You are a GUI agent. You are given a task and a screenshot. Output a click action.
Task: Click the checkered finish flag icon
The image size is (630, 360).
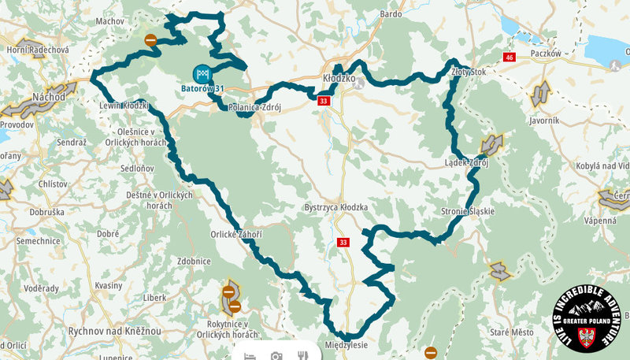(204, 74)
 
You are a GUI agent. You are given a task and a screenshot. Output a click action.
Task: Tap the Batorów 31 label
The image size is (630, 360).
(203, 88)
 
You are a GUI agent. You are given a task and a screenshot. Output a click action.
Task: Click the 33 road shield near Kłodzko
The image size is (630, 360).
(324, 102)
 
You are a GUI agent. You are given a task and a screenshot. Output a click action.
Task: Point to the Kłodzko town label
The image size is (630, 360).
(340, 79)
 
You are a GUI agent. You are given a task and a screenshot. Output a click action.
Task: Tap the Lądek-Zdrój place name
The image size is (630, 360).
(467, 163)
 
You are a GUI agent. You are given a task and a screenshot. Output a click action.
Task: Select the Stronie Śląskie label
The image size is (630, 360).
(468, 212)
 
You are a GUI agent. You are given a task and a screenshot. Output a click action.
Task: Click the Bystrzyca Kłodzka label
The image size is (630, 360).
(336, 208)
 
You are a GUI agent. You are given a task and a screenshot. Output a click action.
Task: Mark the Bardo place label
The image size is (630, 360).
(391, 14)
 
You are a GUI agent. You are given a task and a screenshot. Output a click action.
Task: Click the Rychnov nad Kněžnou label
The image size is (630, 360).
(114, 332)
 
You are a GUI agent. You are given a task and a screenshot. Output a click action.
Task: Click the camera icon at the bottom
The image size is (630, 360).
(276, 356)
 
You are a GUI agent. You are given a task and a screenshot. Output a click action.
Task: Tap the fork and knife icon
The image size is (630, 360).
(302, 356)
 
